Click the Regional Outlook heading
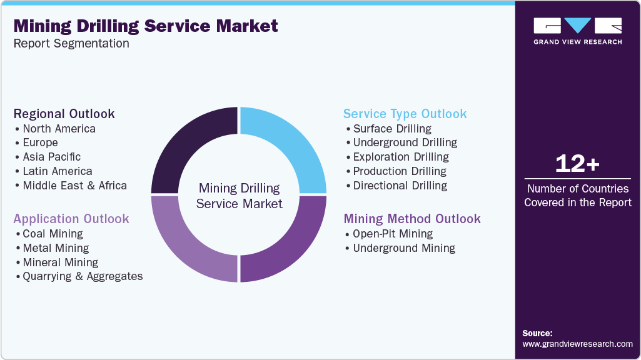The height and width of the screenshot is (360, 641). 64,114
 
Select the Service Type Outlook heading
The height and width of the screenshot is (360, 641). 405,114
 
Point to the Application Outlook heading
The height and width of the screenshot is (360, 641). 71,219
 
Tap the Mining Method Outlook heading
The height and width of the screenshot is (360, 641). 411,219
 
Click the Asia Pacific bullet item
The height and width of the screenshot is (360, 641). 51,157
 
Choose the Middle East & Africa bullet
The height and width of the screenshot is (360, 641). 74,186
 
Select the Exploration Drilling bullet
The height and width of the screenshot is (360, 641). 400,157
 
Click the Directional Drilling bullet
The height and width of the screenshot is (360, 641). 400,186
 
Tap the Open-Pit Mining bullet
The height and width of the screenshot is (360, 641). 392,234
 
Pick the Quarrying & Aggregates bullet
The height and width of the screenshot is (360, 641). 83,276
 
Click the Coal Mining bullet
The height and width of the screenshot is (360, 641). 53,234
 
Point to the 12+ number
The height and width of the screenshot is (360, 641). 577,164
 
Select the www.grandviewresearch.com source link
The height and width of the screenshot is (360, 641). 577,344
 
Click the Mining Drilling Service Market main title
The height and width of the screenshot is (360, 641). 146,26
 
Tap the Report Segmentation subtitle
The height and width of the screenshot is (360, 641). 71,44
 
